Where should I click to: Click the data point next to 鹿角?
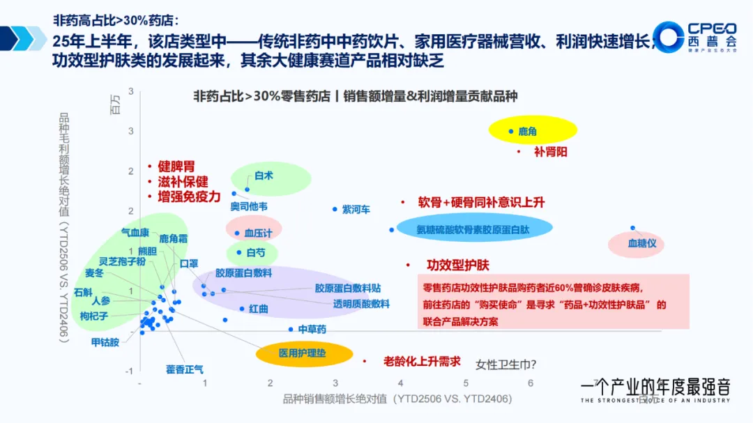tap(511, 131)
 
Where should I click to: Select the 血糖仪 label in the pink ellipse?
tap(641, 244)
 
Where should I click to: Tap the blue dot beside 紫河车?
tap(335, 209)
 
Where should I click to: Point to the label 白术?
tap(264, 176)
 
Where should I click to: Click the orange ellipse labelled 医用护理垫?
tap(302, 353)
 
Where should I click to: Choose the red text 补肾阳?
tap(550, 151)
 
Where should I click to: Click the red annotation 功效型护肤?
tap(457, 265)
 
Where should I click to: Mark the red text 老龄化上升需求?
tap(422, 361)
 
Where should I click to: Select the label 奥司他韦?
tap(249, 206)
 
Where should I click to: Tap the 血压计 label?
tap(257, 233)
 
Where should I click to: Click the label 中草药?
tap(312, 329)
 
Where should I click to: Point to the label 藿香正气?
tap(184, 369)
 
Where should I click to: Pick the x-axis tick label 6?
tap(531, 383)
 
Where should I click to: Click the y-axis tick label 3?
tap(130, 131)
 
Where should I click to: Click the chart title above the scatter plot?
tap(356, 96)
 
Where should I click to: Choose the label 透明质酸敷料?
tap(360, 304)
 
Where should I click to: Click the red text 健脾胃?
tap(176, 166)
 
